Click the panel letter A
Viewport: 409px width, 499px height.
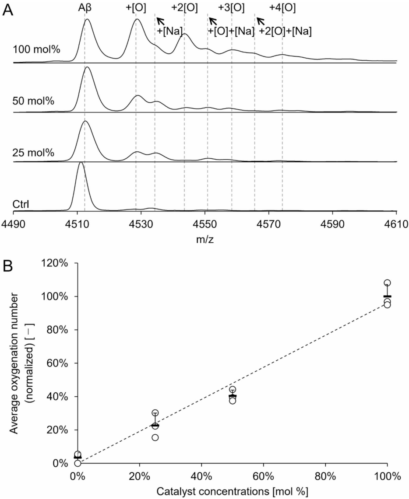pyautogui.click(x=8, y=10)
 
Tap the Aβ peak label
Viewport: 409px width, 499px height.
pyautogui.click(x=85, y=7)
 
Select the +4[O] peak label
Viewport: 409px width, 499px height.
pyautogui.click(x=282, y=7)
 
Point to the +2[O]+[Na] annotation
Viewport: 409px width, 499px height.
pyautogui.click(x=285, y=31)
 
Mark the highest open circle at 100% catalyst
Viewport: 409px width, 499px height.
pyautogui.click(x=387, y=283)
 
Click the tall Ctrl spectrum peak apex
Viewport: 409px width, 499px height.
pyautogui.click(x=80, y=163)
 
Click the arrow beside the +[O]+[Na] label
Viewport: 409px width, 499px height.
pyautogui.click(x=212, y=21)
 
